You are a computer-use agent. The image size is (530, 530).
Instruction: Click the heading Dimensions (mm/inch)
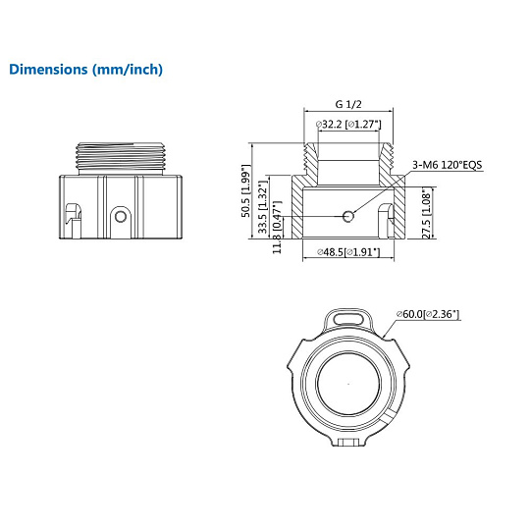click(85, 70)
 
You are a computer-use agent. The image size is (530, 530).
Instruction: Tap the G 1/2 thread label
click(348, 104)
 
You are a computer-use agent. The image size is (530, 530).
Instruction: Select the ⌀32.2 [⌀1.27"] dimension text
click(348, 125)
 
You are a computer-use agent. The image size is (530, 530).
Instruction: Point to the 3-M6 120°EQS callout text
click(447, 165)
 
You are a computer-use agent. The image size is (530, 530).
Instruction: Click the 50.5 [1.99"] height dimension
click(246, 190)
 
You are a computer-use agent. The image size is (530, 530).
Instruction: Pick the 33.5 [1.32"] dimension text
click(263, 207)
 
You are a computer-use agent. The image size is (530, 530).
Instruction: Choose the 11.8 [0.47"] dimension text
click(277, 227)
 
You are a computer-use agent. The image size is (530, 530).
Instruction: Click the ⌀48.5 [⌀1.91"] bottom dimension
click(348, 252)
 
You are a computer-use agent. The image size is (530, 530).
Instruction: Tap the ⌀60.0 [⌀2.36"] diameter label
click(428, 314)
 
